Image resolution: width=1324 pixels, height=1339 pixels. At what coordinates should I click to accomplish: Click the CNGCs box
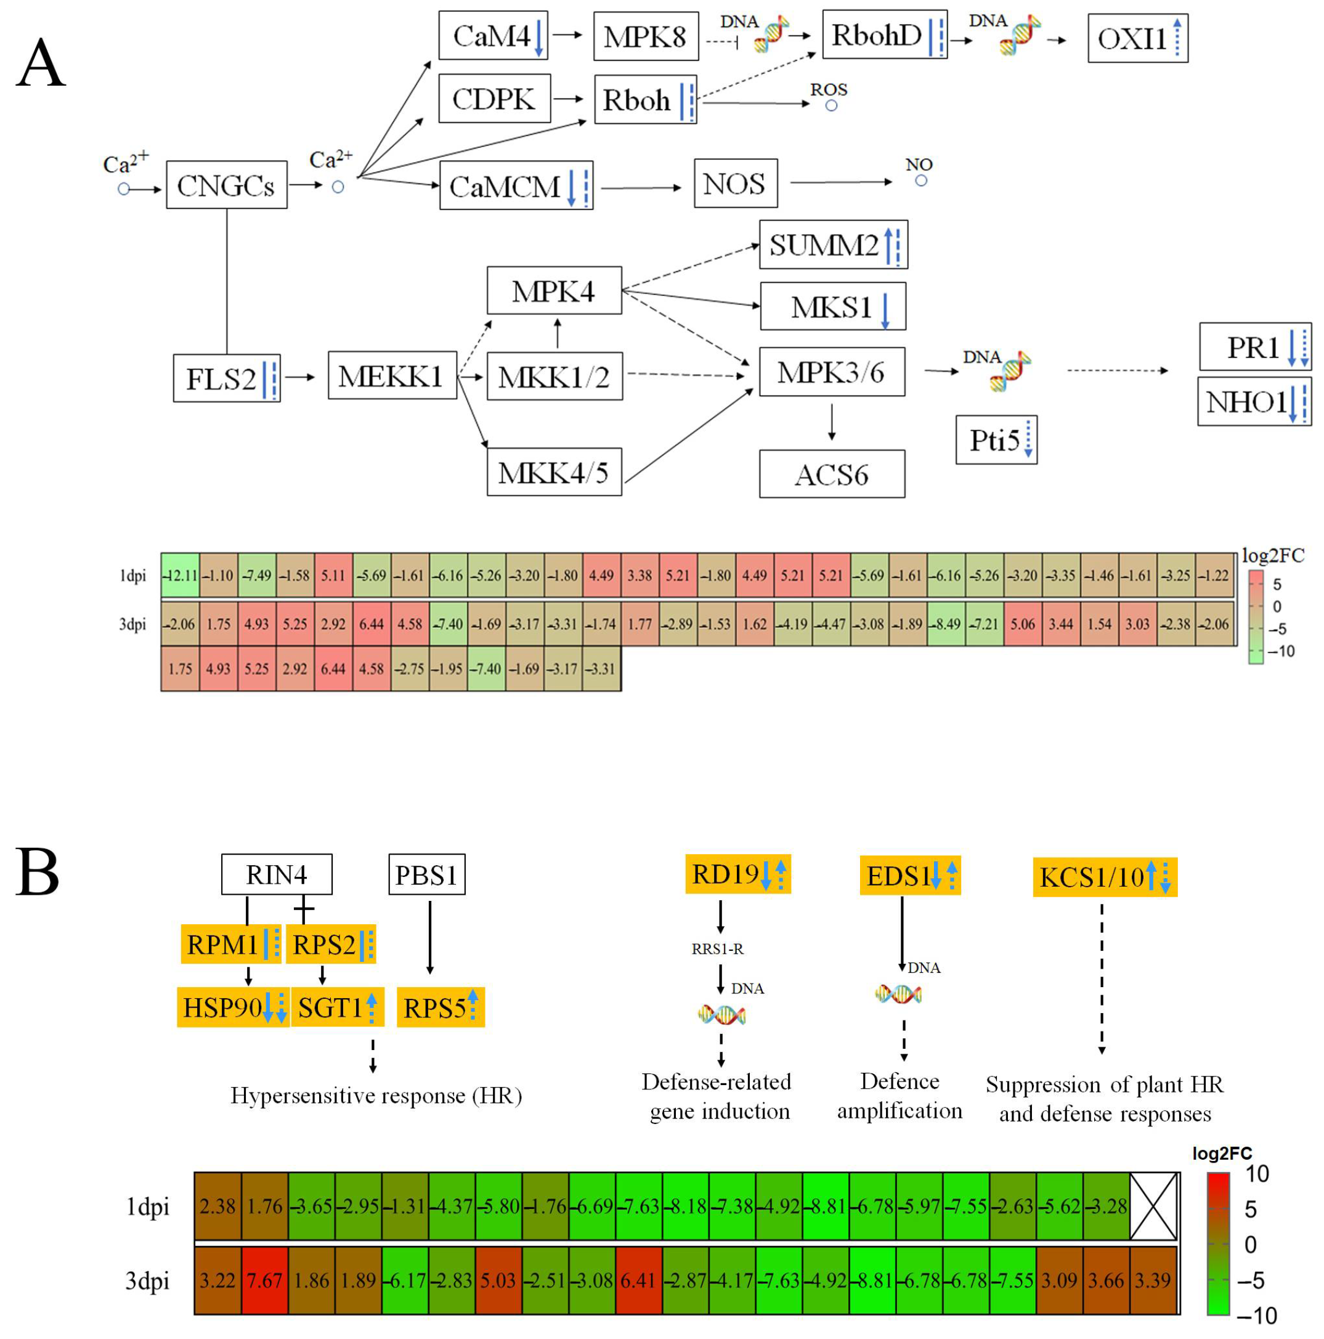click(x=226, y=185)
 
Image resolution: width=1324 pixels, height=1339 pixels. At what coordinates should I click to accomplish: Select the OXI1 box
click(x=1137, y=38)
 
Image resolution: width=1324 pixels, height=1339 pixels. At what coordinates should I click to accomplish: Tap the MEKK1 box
click(x=391, y=376)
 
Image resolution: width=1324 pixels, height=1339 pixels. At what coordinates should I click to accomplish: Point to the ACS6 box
click(x=831, y=474)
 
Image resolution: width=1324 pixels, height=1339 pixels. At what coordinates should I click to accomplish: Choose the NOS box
click(x=735, y=184)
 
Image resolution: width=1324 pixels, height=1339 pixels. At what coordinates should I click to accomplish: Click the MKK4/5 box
click(x=554, y=473)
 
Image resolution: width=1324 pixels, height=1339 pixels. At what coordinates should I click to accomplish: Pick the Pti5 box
click(x=996, y=440)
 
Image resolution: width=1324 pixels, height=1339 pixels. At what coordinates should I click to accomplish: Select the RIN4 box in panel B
click(x=276, y=874)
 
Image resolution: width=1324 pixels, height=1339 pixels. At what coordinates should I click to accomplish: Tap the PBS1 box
click(x=426, y=874)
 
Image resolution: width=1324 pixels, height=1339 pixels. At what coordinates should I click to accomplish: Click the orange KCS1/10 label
click(x=1105, y=877)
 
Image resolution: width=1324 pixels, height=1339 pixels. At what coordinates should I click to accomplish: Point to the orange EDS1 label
click(x=910, y=876)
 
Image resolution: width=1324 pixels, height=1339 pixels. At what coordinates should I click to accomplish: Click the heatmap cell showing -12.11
click(x=180, y=576)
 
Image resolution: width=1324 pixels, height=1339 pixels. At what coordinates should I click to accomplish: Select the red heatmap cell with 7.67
click(x=265, y=1281)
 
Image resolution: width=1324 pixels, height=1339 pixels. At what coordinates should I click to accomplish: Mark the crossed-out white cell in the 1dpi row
click(x=1153, y=1207)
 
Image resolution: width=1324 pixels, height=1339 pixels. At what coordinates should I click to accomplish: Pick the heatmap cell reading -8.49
click(x=946, y=624)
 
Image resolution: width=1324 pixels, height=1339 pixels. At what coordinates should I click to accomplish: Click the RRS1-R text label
click(x=717, y=949)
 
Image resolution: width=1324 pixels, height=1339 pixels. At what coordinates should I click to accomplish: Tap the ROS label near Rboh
click(x=829, y=89)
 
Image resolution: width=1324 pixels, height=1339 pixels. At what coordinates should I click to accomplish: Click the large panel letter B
click(x=38, y=872)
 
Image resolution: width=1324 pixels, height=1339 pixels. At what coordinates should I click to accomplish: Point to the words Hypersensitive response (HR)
click(x=376, y=1096)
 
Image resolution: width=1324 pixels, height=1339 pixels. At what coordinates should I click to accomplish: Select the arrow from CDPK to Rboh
click(x=569, y=99)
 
